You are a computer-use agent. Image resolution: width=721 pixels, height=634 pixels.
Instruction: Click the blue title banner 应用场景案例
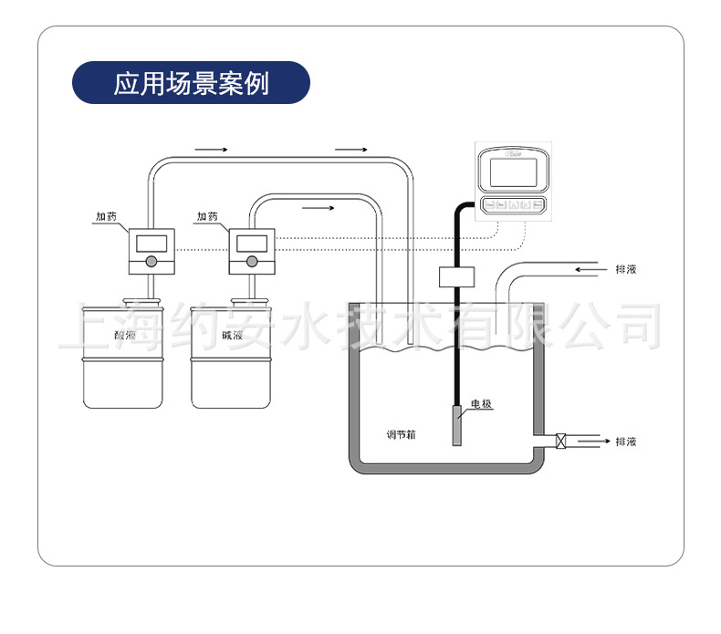click(x=191, y=83)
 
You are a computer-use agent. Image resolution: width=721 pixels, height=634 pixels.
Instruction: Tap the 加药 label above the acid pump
click(x=107, y=216)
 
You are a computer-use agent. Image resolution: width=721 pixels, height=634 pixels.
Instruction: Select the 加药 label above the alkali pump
click(x=207, y=216)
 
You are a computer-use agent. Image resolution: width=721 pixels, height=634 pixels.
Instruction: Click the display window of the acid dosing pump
click(x=150, y=244)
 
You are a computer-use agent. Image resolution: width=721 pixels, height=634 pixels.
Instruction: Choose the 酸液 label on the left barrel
click(x=124, y=337)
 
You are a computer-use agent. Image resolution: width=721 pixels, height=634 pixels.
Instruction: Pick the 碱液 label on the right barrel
click(x=231, y=337)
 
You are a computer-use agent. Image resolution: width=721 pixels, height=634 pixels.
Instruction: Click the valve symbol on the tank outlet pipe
click(x=560, y=442)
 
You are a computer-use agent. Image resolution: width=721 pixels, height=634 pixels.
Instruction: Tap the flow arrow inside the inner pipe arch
click(x=318, y=208)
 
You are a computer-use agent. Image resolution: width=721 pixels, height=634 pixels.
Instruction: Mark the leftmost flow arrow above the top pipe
click(x=211, y=148)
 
